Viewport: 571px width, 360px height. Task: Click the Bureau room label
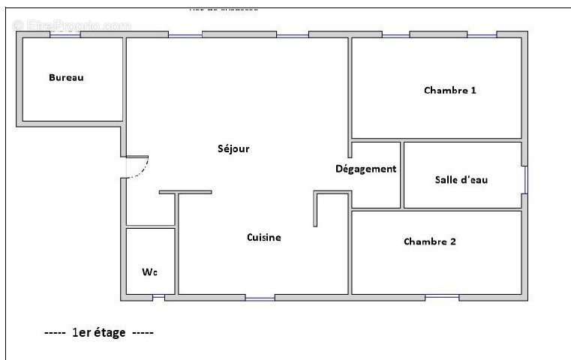click(x=66, y=77)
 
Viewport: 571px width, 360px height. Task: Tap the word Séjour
click(x=233, y=148)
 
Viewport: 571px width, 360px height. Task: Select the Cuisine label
click(x=264, y=238)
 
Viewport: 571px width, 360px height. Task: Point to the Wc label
click(x=150, y=271)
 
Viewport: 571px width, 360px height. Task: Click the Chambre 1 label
click(x=450, y=91)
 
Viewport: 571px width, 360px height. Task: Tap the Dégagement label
click(x=365, y=169)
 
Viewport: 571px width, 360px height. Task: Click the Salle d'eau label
click(x=461, y=180)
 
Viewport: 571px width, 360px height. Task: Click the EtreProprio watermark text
click(x=72, y=25)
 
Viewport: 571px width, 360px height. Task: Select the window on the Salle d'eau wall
click(x=525, y=180)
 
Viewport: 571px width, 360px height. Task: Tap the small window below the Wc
click(x=158, y=298)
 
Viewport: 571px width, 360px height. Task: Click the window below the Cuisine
click(x=260, y=298)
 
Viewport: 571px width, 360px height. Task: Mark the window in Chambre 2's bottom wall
click(x=442, y=297)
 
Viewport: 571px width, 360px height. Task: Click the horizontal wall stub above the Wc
click(x=185, y=192)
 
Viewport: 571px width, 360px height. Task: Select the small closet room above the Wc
click(x=150, y=210)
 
